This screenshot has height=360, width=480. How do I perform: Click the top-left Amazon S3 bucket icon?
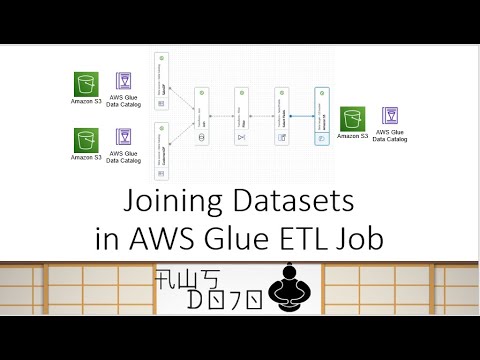(85, 82)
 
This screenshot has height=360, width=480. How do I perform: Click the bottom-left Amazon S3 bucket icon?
(85, 141)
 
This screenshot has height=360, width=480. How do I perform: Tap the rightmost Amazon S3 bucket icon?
(352, 119)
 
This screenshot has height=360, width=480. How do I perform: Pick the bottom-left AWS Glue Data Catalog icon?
(124, 141)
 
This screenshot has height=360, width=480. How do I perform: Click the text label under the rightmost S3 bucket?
(352, 136)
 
